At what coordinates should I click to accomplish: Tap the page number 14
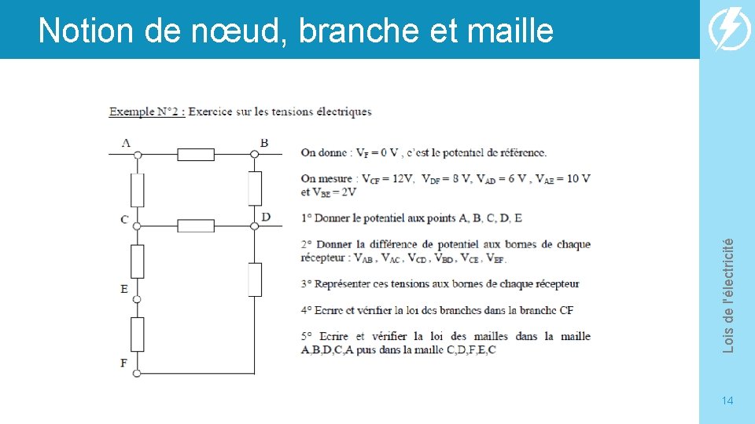(727, 401)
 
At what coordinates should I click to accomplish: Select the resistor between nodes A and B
(196, 155)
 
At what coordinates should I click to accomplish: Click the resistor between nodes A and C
(137, 190)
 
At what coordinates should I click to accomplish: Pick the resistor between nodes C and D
(196, 226)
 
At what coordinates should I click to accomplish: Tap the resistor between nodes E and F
(137, 334)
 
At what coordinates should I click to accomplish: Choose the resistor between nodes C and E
(137, 261)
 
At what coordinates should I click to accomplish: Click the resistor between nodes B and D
(255, 188)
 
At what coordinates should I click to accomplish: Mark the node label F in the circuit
(123, 363)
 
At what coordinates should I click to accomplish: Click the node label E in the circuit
(124, 289)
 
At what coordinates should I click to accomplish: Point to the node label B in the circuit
(264, 143)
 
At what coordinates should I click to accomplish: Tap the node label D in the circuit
(266, 217)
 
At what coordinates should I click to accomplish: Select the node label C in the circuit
(124, 219)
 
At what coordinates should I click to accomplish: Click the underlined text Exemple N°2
(147, 111)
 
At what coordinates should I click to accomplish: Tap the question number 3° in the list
(307, 283)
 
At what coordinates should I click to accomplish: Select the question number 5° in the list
(307, 336)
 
